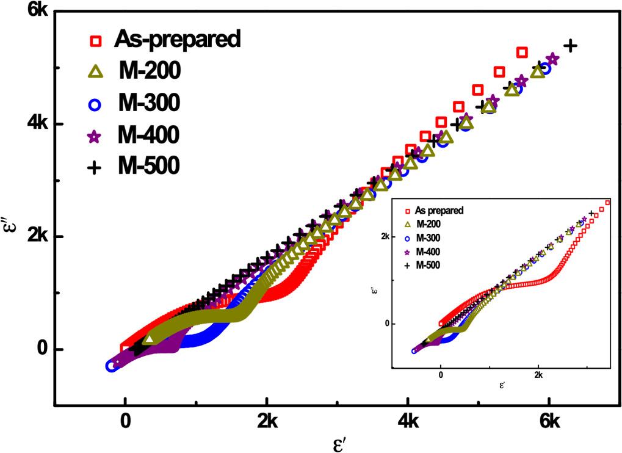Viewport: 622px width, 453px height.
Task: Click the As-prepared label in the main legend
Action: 178,40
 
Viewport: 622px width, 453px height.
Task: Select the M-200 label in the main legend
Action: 149,72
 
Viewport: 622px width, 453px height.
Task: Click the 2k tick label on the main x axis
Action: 266,421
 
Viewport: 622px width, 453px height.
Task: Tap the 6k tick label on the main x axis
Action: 550,421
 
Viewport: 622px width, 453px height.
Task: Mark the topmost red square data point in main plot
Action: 522,53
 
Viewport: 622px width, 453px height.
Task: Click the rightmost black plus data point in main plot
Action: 570,45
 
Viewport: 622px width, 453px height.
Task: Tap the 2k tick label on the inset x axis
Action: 539,374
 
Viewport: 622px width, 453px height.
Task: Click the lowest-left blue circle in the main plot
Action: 111,366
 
